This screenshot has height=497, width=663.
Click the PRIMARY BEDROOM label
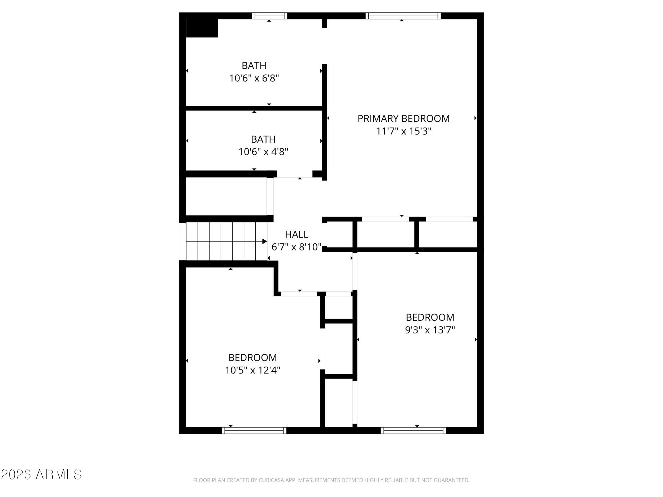(x=403, y=119)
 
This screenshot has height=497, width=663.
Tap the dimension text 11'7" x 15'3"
(x=403, y=131)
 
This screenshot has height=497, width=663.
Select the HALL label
(x=296, y=234)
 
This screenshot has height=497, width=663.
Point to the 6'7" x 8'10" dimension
(x=296, y=247)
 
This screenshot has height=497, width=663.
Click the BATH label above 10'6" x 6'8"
(x=254, y=65)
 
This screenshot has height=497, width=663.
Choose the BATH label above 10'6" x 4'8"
(x=263, y=139)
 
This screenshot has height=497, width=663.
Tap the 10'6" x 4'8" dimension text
(x=263, y=152)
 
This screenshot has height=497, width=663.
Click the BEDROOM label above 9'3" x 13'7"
(x=430, y=317)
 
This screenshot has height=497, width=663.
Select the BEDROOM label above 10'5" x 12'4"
(x=252, y=358)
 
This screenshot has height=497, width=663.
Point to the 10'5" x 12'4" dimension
(x=252, y=370)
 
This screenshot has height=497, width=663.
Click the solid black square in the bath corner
(x=202, y=28)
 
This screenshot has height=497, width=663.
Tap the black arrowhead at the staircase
(x=265, y=241)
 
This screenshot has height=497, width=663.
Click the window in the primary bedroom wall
(x=403, y=16)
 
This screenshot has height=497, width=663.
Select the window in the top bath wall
(x=269, y=16)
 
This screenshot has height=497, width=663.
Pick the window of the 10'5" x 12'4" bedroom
(x=254, y=430)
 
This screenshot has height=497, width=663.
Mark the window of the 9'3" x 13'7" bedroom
(x=413, y=430)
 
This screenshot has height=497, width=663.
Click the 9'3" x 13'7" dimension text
(x=430, y=330)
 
